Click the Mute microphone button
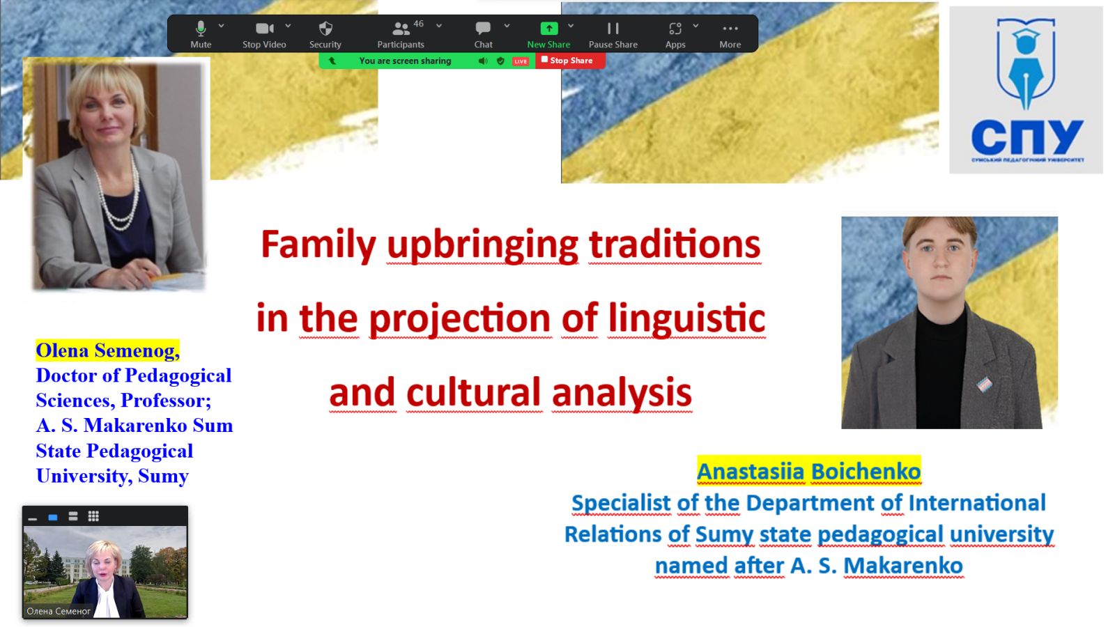click(201, 34)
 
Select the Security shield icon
click(325, 29)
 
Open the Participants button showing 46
click(401, 34)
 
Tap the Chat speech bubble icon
click(483, 29)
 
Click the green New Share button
click(548, 34)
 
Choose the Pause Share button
click(613, 34)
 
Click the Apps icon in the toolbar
click(675, 29)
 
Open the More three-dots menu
click(730, 34)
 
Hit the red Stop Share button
click(571, 61)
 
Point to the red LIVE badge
click(520, 61)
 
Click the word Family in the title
click(318, 245)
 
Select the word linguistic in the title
click(687, 318)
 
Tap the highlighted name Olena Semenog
click(107, 350)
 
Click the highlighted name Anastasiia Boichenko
click(809, 471)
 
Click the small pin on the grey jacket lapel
click(985, 384)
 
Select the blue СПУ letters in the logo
click(1027, 137)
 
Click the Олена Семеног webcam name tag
click(59, 611)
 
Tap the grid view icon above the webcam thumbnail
click(93, 516)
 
